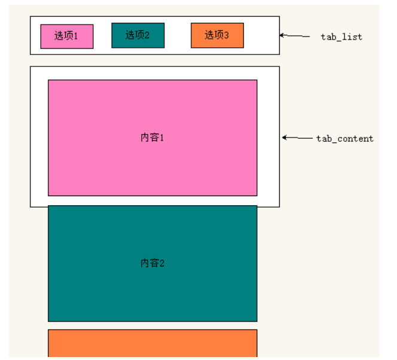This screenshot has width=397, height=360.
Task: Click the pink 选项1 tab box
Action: coord(66,36)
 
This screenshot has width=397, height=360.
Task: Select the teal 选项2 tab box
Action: coord(138,35)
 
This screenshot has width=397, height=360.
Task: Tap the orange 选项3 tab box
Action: coord(217,35)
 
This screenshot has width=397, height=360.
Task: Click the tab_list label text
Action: coord(341,37)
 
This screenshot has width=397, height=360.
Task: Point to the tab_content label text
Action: coord(344,139)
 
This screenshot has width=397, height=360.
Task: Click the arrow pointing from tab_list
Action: coord(294,36)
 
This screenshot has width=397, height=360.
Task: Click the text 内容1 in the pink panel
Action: coord(152,138)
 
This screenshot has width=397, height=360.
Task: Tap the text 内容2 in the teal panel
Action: coord(152,263)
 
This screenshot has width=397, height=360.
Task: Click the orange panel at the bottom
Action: coord(152,343)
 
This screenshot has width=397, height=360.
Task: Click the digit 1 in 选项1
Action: coord(76,36)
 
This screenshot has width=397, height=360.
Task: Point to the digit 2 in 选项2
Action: coord(147,35)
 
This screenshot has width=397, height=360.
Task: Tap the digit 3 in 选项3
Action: coord(227,35)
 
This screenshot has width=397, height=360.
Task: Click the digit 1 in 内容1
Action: coord(161,138)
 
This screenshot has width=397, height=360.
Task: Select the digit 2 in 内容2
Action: coord(161,263)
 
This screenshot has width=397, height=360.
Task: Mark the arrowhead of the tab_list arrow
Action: coord(282,35)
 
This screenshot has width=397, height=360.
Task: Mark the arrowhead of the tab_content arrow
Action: coord(285,138)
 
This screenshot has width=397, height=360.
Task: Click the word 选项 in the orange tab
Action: coord(213,35)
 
